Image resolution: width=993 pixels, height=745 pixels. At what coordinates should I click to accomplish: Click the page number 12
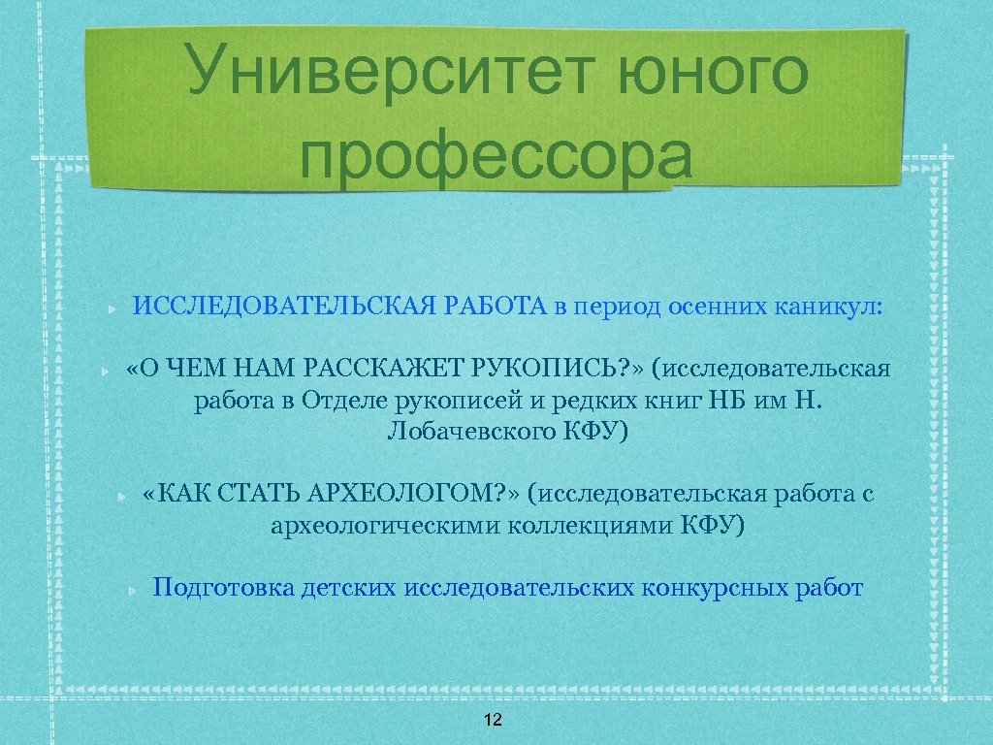pos(493,720)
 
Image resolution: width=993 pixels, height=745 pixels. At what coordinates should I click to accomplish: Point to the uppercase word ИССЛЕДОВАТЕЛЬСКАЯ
pos(286,308)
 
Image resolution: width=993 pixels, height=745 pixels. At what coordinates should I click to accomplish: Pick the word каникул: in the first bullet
pos(829,308)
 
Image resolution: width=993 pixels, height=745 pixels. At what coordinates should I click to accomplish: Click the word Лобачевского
pos(470,431)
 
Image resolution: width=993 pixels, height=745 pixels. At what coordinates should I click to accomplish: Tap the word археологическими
pos(378,526)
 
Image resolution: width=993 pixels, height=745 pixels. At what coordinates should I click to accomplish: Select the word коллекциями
pos(581,526)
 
